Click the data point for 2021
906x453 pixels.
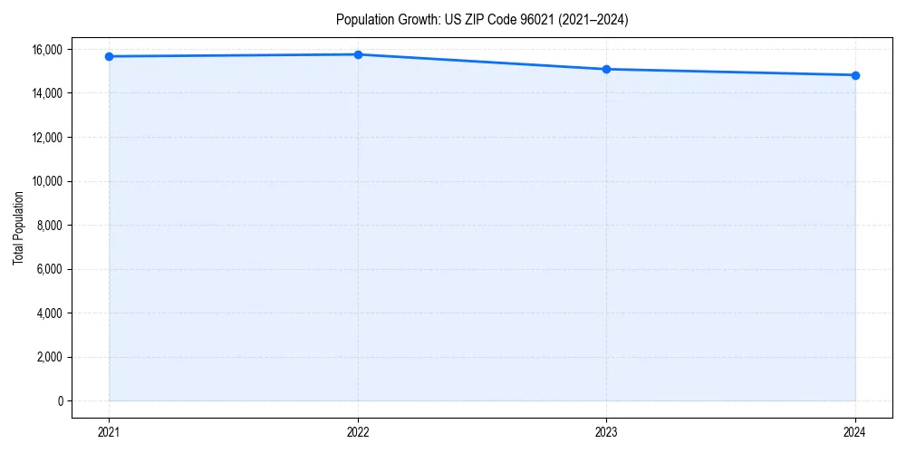click(109, 56)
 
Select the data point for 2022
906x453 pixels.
click(358, 54)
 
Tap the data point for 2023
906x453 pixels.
click(606, 69)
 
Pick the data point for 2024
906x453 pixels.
click(855, 75)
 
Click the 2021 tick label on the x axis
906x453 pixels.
click(109, 431)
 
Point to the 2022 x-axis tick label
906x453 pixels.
click(358, 431)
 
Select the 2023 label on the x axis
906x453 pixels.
click(606, 431)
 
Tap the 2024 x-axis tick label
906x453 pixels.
click(855, 431)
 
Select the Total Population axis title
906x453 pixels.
click(18, 227)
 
